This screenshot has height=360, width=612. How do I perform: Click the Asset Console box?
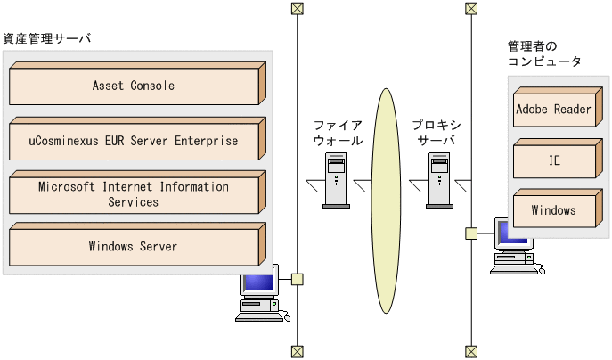click(134, 86)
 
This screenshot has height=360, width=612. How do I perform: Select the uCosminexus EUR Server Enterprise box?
click(134, 141)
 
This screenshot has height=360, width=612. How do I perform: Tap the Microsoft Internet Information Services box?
click(134, 194)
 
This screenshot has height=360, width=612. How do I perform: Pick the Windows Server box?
click(134, 247)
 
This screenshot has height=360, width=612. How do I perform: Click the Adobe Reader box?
click(553, 110)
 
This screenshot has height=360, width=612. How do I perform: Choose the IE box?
click(553, 160)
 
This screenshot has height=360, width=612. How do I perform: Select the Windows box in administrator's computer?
click(553, 211)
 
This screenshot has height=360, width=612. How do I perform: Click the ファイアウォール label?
click(338, 133)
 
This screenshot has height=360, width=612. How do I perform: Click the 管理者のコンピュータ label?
click(543, 53)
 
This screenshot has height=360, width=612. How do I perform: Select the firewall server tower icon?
click(335, 179)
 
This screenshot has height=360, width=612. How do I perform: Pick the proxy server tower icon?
click(439, 179)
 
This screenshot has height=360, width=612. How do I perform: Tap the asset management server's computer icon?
click(259, 294)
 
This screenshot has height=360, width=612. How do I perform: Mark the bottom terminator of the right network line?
click(470, 351)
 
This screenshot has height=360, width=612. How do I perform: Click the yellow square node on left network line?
click(297, 279)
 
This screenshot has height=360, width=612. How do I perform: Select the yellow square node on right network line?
click(470, 233)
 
